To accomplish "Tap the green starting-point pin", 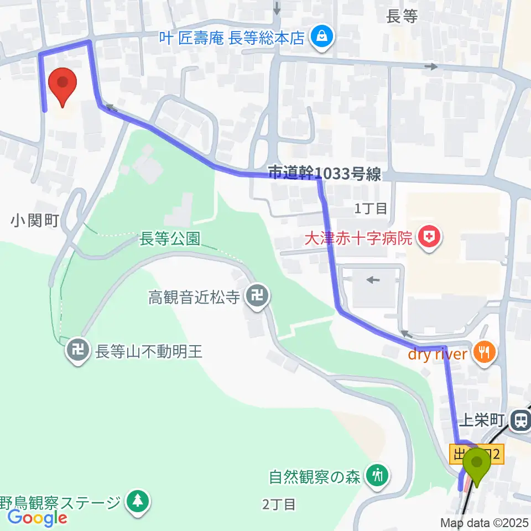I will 476,466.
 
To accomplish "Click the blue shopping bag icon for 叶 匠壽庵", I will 320,38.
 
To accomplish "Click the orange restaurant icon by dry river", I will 485,352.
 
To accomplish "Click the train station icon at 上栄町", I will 520,421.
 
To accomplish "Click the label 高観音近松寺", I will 194,298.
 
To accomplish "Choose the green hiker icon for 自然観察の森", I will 378,476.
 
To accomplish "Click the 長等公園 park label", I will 169,238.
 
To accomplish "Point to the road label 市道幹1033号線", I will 325,174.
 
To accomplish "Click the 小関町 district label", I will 34,221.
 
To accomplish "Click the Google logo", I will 37,518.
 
